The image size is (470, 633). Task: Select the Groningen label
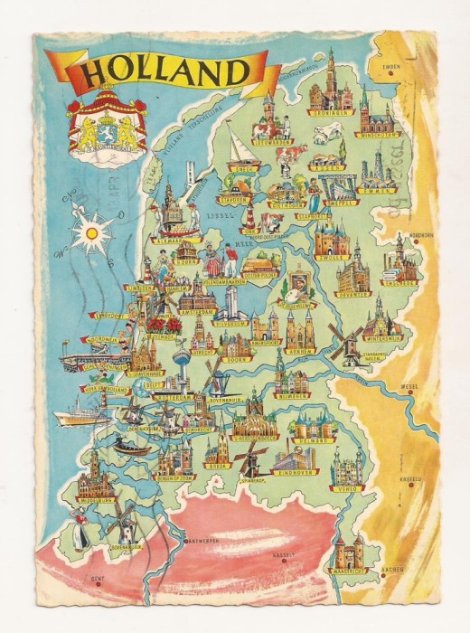331,115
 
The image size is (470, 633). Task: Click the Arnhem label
299,349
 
